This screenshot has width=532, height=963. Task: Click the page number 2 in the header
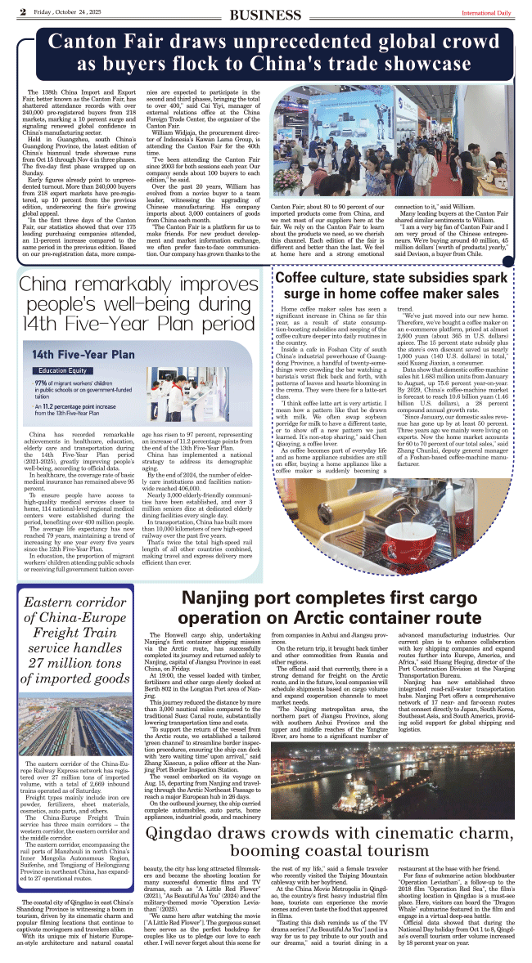click(x=24, y=11)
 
